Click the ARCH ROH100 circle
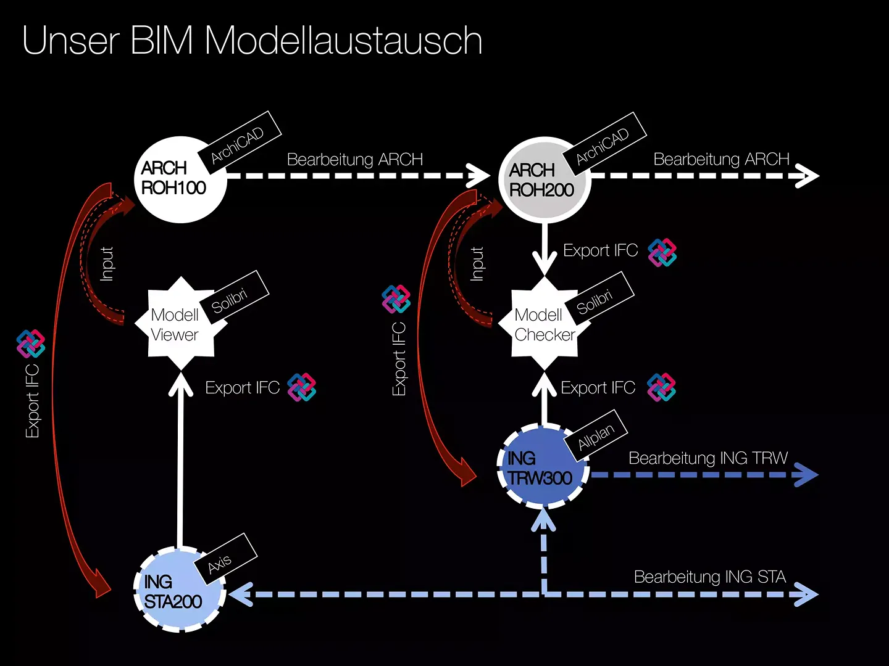click(x=180, y=179)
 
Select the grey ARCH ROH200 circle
click(x=545, y=180)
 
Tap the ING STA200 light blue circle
click(x=180, y=590)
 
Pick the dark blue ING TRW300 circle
click(x=543, y=466)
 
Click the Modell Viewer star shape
click(x=181, y=324)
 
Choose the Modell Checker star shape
click(x=544, y=324)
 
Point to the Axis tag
click(x=225, y=559)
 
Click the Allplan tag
click(x=596, y=435)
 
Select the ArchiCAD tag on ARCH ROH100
click(x=240, y=142)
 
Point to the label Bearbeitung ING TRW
click(x=708, y=458)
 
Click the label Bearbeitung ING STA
click(x=709, y=577)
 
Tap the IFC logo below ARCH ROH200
click(x=662, y=252)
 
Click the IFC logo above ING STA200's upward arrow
click(x=302, y=387)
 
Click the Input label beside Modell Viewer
click(x=107, y=264)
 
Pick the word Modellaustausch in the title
click(x=343, y=40)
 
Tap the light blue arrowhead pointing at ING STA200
click(x=241, y=594)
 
